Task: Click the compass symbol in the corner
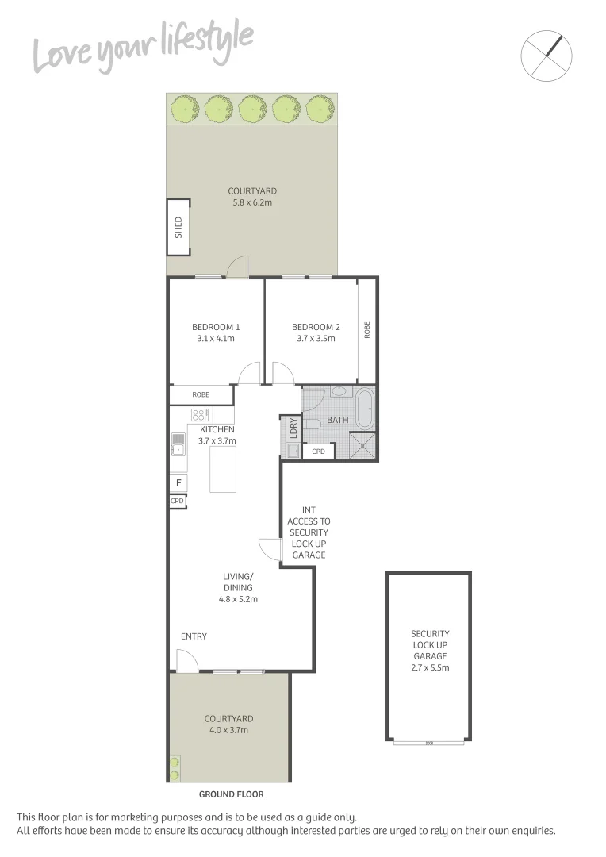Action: click(x=547, y=54)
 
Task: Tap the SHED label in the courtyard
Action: click(x=178, y=227)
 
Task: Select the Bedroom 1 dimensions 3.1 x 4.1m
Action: click(x=216, y=339)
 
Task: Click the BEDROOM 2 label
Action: click(x=316, y=327)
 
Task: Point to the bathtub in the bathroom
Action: click(x=365, y=409)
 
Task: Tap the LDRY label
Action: click(x=293, y=428)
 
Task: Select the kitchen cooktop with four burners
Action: click(x=198, y=414)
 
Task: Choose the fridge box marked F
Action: click(x=178, y=482)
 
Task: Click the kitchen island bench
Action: click(x=223, y=469)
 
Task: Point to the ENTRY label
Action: click(x=194, y=636)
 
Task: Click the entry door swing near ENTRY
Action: click(x=186, y=661)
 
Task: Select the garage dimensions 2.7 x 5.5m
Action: click(x=430, y=667)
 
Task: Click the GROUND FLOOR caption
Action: click(x=231, y=794)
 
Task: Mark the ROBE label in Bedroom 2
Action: click(x=366, y=330)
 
